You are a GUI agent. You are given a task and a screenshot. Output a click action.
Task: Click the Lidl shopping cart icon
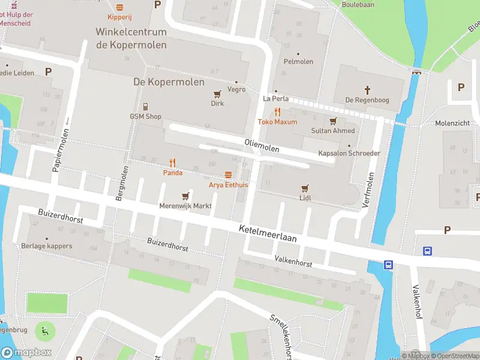point(305,188)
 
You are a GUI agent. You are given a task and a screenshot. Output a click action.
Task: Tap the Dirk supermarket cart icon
point(217,94)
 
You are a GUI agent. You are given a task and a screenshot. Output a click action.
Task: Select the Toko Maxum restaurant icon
point(277,112)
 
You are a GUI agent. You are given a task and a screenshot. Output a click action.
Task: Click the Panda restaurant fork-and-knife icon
point(172,163)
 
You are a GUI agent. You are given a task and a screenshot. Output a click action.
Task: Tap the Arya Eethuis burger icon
point(228,175)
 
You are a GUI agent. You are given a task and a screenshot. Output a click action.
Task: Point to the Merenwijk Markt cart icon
point(185,196)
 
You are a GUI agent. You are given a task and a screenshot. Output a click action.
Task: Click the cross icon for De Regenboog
point(368,90)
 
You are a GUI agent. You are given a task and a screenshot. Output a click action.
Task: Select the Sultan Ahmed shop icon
point(333,121)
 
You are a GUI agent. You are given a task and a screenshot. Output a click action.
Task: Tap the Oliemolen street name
point(262,145)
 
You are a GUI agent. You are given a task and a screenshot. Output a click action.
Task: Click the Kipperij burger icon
point(119,8)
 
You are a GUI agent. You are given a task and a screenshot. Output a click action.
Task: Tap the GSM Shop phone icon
point(146,107)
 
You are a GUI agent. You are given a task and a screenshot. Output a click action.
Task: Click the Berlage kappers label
point(46,246)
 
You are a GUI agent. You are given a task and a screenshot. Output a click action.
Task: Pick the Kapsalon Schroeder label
point(349,153)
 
